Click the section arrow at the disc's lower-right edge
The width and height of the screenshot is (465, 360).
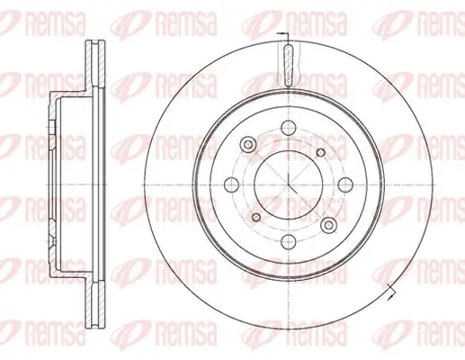pos(392,291)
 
